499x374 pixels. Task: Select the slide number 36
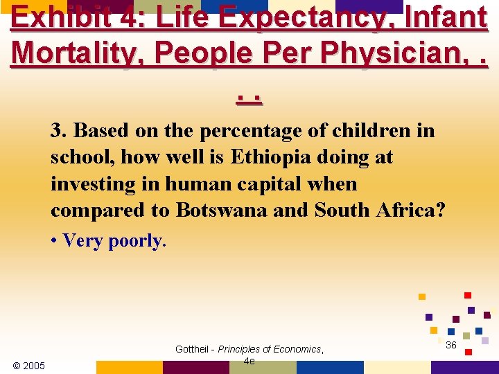[x=451, y=345]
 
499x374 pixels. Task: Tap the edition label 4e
[x=249, y=361]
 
